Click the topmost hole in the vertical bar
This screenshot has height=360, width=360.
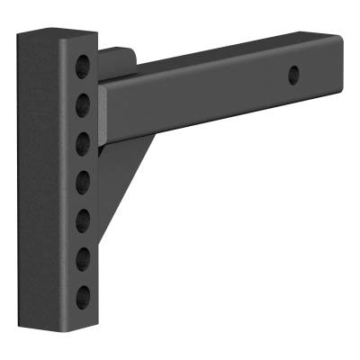[83, 65]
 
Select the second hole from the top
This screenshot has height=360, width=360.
[83, 99]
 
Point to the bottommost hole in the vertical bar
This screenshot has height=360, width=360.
[83, 296]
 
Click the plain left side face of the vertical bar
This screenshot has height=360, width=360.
[51, 180]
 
